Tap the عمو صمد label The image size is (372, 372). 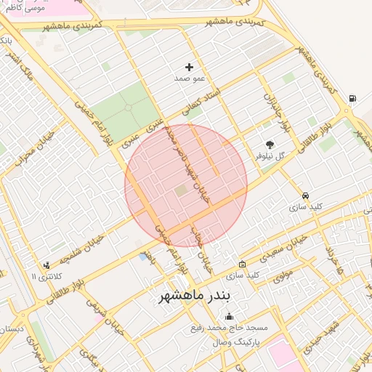tap(189, 77)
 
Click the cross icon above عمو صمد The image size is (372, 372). tap(190, 67)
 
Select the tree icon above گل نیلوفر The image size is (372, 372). tap(270, 145)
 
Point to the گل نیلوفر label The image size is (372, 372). tap(270, 156)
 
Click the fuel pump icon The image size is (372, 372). tap(352, 99)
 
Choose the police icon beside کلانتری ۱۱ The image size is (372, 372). tap(47, 266)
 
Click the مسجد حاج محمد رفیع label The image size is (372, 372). tap(230, 328)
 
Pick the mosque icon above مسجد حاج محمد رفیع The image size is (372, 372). tap(230, 316)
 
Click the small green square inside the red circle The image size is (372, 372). tap(181, 190)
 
